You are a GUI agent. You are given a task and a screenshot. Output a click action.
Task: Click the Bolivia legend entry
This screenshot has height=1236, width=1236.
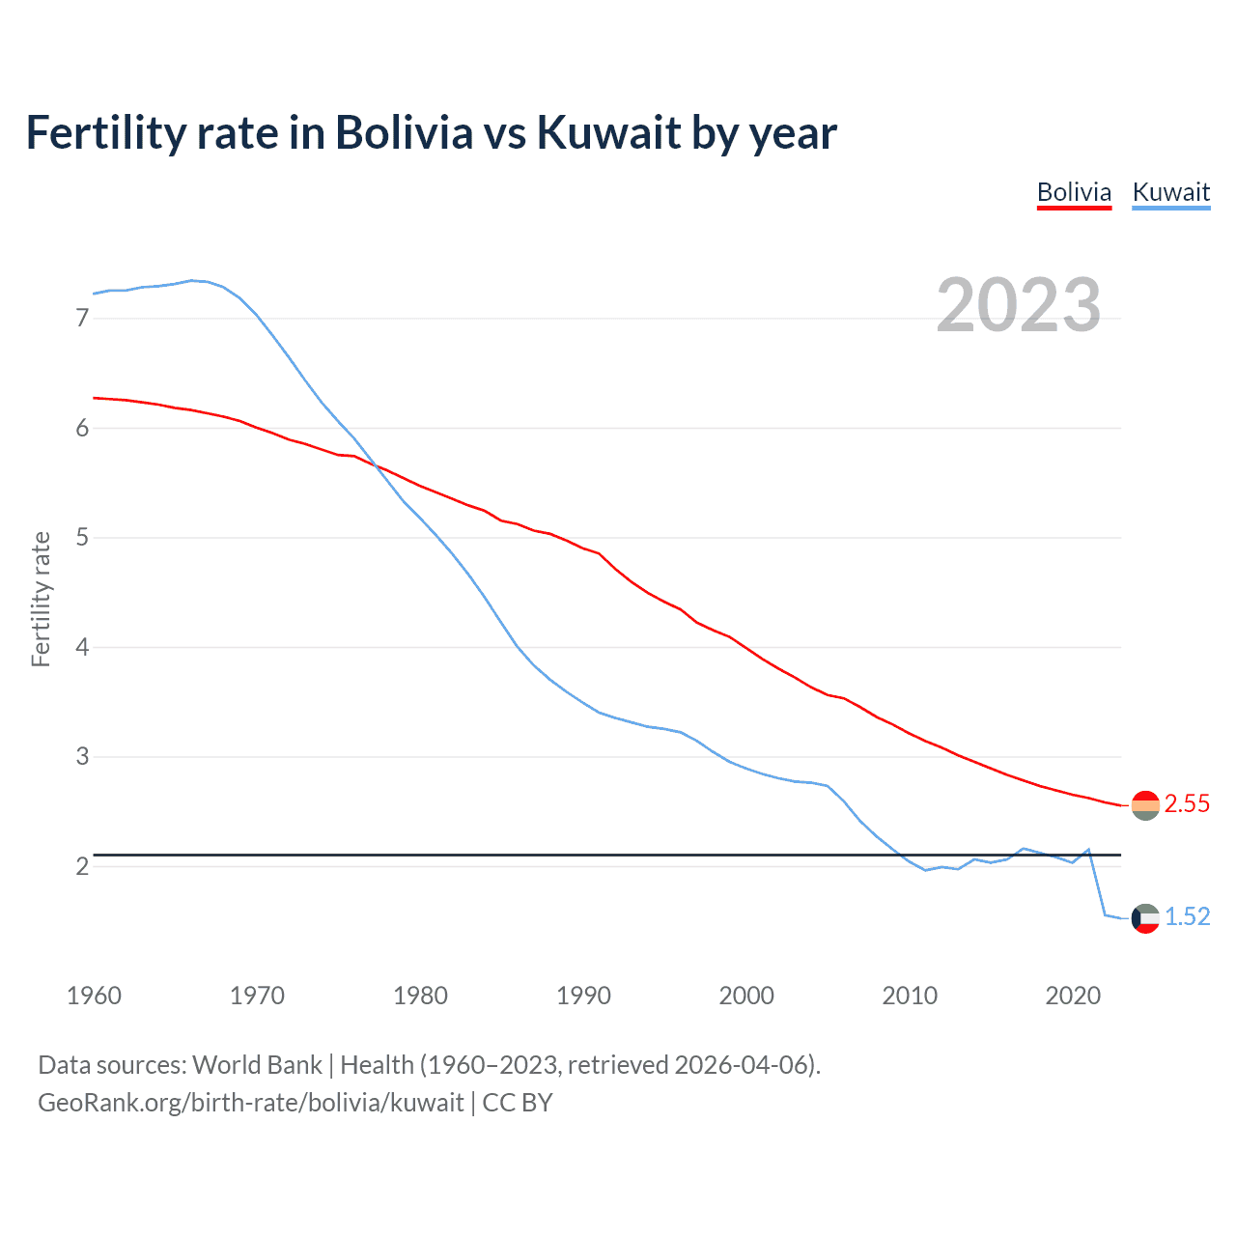pyautogui.click(x=1074, y=192)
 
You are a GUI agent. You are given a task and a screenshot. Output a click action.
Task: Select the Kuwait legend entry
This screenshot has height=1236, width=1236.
pyautogui.click(x=1170, y=192)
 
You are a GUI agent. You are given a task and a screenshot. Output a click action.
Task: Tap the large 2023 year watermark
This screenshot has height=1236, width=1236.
pyautogui.click(x=1018, y=305)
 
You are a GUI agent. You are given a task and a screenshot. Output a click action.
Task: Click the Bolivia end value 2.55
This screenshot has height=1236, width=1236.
pyautogui.click(x=1187, y=803)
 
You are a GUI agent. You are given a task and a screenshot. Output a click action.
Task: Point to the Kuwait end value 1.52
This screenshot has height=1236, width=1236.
pyautogui.click(x=1187, y=916)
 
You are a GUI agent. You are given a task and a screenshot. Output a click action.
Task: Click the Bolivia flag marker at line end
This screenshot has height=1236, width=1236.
pyautogui.click(x=1145, y=804)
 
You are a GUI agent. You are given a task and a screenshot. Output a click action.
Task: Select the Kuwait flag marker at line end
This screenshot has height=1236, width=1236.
pyautogui.click(x=1145, y=917)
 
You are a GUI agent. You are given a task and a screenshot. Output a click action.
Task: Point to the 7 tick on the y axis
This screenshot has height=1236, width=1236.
pyautogui.click(x=82, y=318)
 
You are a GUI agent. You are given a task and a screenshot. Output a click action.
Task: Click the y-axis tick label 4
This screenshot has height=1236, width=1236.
pyautogui.click(x=82, y=647)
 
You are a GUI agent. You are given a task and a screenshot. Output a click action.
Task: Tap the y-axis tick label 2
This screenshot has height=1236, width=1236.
pyautogui.click(x=82, y=866)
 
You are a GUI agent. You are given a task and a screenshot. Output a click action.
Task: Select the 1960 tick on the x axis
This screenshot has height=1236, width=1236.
pyautogui.click(x=94, y=996)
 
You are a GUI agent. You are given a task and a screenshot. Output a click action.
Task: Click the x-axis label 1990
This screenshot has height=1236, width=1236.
pyautogui.click(x=583, y=996)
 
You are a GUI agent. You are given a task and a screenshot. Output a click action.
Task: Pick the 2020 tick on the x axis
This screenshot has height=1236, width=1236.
pyautogui.click(x=1073, y=996)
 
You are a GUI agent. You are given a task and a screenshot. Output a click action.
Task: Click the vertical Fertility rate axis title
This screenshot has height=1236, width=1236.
pyautogui.click(x=41, y=599)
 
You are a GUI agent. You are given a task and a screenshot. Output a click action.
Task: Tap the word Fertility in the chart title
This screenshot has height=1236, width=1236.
pyautogui.click(x=104, y=132)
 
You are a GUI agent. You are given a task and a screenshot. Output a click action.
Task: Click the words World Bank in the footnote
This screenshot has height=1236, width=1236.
pyautogui.click(x=257, y=1064)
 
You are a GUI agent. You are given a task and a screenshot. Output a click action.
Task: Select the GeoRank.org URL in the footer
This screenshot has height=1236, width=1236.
pyautogui.click(x=250, y=1103)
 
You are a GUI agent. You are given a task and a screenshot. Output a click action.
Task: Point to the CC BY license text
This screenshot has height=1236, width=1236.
pyautogui.click(x=518, y=1103)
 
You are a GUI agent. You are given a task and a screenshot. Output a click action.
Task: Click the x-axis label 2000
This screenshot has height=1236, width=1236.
pyautogui.click(x=746, y=996)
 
